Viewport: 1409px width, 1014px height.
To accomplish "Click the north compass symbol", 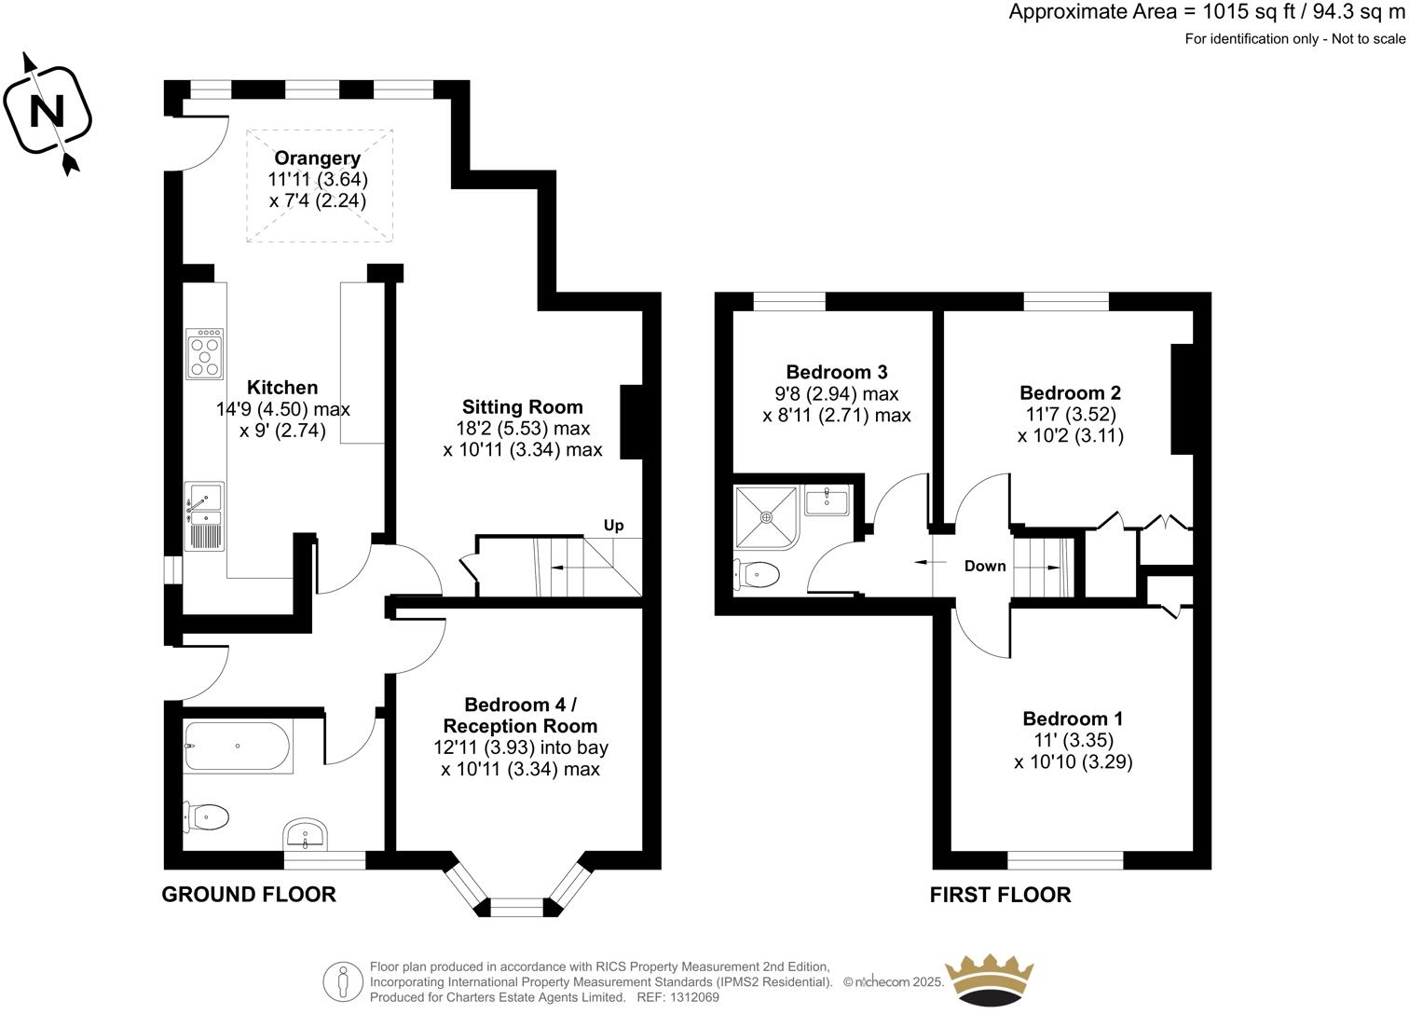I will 48,113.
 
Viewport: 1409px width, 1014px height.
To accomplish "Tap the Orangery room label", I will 317,158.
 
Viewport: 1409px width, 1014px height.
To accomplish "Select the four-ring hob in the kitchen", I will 204,353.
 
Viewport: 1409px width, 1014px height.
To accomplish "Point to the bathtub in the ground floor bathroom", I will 239,746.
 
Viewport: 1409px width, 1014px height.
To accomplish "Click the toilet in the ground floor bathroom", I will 208,817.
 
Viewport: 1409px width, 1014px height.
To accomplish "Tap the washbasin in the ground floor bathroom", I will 306,832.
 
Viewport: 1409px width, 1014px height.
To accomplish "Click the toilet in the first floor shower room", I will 757,575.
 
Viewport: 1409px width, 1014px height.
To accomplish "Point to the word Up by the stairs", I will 613,526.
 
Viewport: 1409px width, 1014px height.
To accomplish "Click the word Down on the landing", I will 985,566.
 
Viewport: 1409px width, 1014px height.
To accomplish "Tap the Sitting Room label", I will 522,407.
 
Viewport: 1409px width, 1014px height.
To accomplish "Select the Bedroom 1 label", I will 1073,719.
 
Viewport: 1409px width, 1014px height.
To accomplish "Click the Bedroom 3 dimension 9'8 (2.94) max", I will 836,393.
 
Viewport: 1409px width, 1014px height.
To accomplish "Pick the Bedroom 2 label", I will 1070,392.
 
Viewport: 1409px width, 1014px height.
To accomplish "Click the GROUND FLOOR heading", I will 248,895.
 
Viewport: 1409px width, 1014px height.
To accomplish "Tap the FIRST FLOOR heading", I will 1000,895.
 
